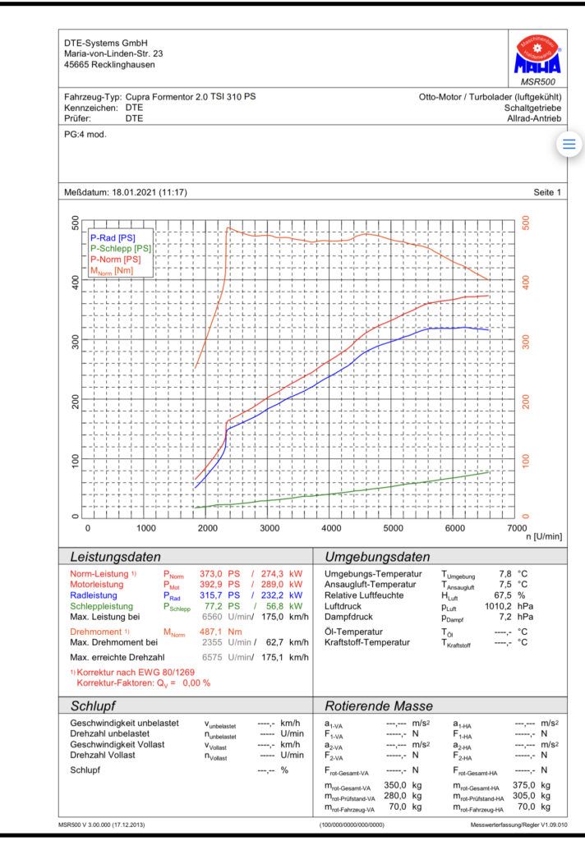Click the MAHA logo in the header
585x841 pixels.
point(537,55)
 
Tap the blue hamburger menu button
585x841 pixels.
point(569,144)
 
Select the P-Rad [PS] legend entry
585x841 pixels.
point(113,237)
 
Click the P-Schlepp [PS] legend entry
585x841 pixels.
point(121,248)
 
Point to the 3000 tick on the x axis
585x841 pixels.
point(269,528)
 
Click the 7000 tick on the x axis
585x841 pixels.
point(517,528)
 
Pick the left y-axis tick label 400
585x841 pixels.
point(75,283)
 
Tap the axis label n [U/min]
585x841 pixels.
point(544,536)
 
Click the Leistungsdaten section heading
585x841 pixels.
point(115,557)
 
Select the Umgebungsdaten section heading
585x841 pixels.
point(377,557)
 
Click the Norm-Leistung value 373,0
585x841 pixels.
point(211,574)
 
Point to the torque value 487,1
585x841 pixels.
point(211,632)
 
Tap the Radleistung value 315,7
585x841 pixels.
point(211,595)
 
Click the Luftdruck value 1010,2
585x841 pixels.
point(498,606)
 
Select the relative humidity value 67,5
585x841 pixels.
point(503,595)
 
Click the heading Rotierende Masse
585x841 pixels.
point(379,705)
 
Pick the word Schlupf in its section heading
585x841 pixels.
point(93,705)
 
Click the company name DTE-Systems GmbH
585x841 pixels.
point(106,43)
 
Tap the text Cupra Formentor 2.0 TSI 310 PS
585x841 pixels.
point(191,97)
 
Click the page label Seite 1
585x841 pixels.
point(547,192)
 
